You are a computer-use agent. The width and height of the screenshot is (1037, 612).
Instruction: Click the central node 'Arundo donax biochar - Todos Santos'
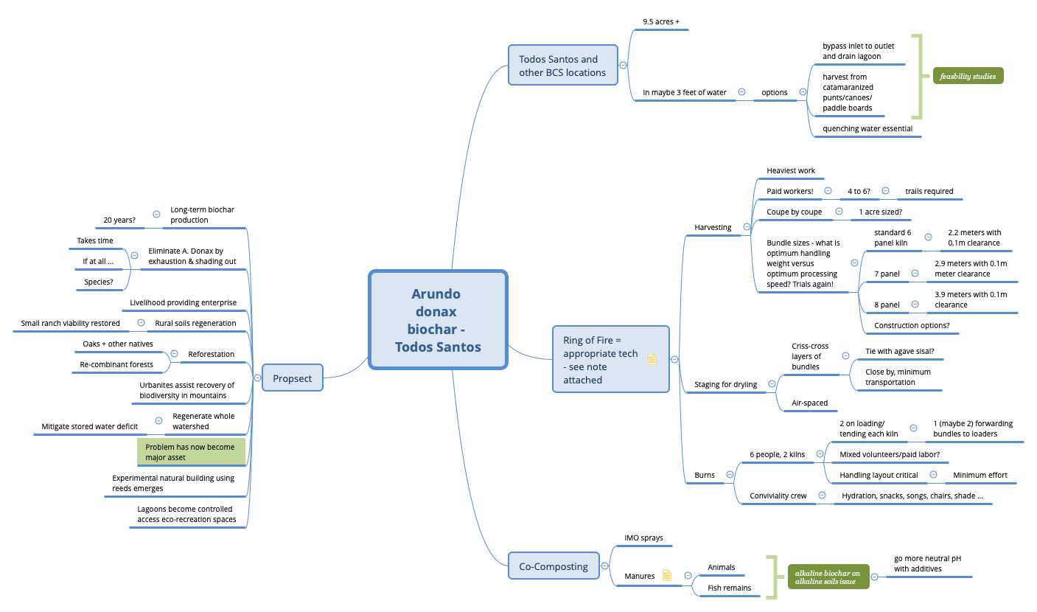(438, 320)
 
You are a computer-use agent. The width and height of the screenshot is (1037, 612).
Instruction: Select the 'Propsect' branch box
(293, 378)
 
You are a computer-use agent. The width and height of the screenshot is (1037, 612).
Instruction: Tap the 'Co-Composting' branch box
(553, 566)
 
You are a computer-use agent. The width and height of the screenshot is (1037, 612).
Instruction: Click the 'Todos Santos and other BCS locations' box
(562, 66)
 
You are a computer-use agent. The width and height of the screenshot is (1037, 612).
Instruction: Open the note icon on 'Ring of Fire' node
(652, 360)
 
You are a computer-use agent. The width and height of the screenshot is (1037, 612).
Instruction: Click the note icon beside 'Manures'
(667, 575)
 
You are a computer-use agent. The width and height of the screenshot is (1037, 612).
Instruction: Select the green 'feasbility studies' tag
(968, 76)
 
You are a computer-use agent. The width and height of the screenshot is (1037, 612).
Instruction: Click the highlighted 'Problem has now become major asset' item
(190, 452)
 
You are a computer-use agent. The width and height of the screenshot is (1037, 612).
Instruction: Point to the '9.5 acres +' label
(661, 21)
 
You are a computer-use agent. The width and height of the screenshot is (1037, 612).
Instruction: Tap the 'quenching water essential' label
(867, 128)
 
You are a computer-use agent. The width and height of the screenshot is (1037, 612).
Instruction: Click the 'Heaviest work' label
(791, 170)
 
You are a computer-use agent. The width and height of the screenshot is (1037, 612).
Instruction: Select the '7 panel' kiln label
(887, 274)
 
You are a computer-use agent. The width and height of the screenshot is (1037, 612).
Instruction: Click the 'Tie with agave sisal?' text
(904, 351)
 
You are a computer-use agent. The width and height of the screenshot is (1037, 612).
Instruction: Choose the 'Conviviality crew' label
(778, 495)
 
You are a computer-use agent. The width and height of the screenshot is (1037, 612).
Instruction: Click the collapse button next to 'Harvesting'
(747, 227)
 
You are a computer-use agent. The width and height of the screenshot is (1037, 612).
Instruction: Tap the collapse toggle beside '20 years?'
(156, 214)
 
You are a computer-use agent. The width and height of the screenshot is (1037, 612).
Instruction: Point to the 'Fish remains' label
(729, 588)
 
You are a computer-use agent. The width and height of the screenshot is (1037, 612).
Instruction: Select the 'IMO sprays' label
(643, 538)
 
